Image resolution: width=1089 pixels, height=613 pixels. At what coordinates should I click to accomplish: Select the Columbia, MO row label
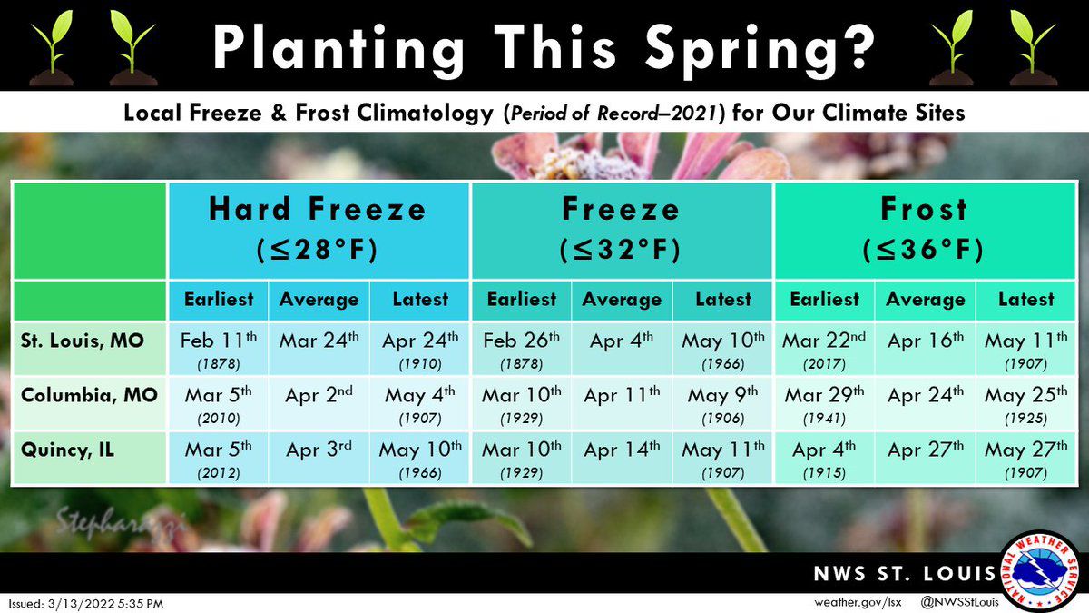pos(88,395)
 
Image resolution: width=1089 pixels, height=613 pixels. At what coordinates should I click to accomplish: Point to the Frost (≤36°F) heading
pos(924,228)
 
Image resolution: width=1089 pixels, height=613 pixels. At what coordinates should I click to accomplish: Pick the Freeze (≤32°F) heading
pos(621,228)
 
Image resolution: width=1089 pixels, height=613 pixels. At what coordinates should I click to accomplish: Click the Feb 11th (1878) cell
pos(219,349)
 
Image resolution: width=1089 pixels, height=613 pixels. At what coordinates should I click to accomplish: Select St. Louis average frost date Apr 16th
pos(925,342)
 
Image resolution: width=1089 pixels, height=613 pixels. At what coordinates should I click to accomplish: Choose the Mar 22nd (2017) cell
pos(824,349)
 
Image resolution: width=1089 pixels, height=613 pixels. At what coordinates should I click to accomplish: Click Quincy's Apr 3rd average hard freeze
pos(319,450)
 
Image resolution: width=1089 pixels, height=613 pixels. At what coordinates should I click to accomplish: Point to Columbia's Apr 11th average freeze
pos(622,396)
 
